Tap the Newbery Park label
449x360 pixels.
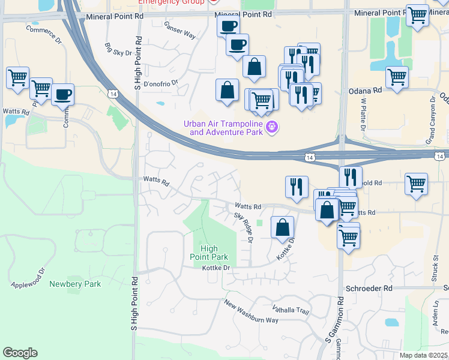point(75,284)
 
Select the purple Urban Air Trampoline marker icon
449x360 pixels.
point(271,127)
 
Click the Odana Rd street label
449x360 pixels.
point(365,91)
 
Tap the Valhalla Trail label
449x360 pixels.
point(290,311)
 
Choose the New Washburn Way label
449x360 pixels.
point(252,311)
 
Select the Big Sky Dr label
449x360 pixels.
point(118,49)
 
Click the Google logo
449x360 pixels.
point(20,353)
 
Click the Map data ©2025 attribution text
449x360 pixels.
point(423,355)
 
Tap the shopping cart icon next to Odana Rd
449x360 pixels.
point(397,77)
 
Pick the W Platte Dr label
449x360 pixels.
point(363,113)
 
